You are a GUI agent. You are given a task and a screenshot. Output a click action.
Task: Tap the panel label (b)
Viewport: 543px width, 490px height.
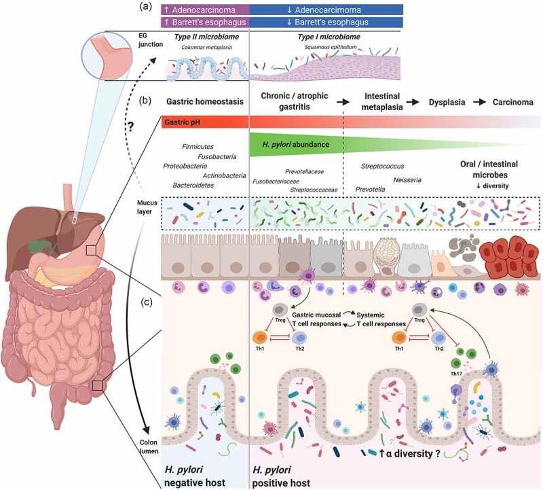[145, 101]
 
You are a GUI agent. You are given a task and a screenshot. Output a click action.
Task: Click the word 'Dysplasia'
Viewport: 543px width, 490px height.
[447, 101]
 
